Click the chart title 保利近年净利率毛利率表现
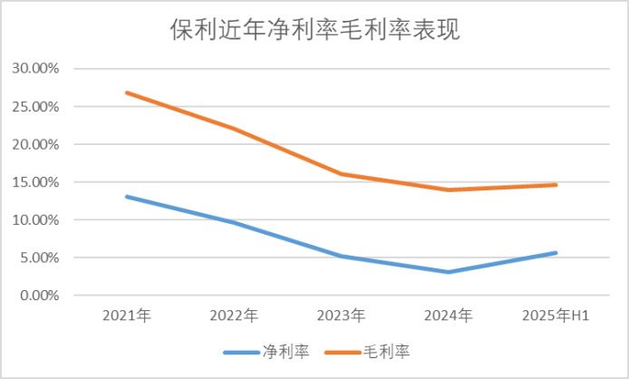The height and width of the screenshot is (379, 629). (314, 30)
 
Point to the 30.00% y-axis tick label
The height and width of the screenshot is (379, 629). (35, 69)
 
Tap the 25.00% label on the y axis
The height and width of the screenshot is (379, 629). (35, 107)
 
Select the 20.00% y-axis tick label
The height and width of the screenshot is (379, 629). (35, 144)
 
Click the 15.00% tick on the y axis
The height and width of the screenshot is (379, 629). (35, 182)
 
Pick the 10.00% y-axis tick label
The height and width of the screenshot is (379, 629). (35, 220)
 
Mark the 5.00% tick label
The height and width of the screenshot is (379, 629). (39, 258)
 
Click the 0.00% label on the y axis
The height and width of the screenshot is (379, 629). (39, 296)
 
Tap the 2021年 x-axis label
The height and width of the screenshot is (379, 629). (127, 316)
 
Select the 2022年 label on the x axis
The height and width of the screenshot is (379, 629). (234, 316)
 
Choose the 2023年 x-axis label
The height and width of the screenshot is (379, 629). (342, 316)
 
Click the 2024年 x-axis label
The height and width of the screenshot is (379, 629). (449, 316)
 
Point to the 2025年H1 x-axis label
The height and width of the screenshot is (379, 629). (556, 316)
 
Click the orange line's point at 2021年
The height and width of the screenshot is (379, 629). (127, 92)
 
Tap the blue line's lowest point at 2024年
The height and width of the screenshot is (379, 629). (449, 272)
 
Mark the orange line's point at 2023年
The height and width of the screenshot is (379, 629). (342, 174)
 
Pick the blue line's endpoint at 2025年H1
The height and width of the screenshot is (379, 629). (556, 253)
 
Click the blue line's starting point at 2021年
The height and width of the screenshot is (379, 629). (127, 197)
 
